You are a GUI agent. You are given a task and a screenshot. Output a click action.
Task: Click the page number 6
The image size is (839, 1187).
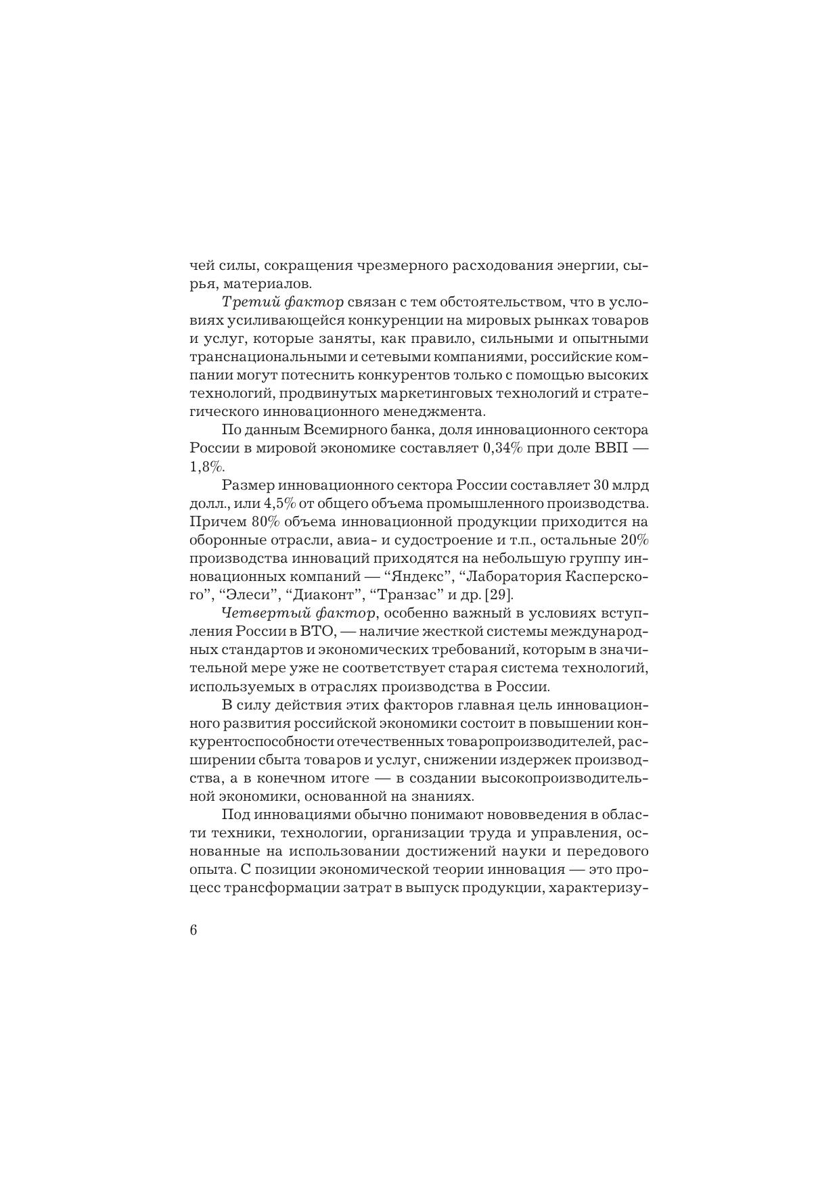(194, 930)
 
